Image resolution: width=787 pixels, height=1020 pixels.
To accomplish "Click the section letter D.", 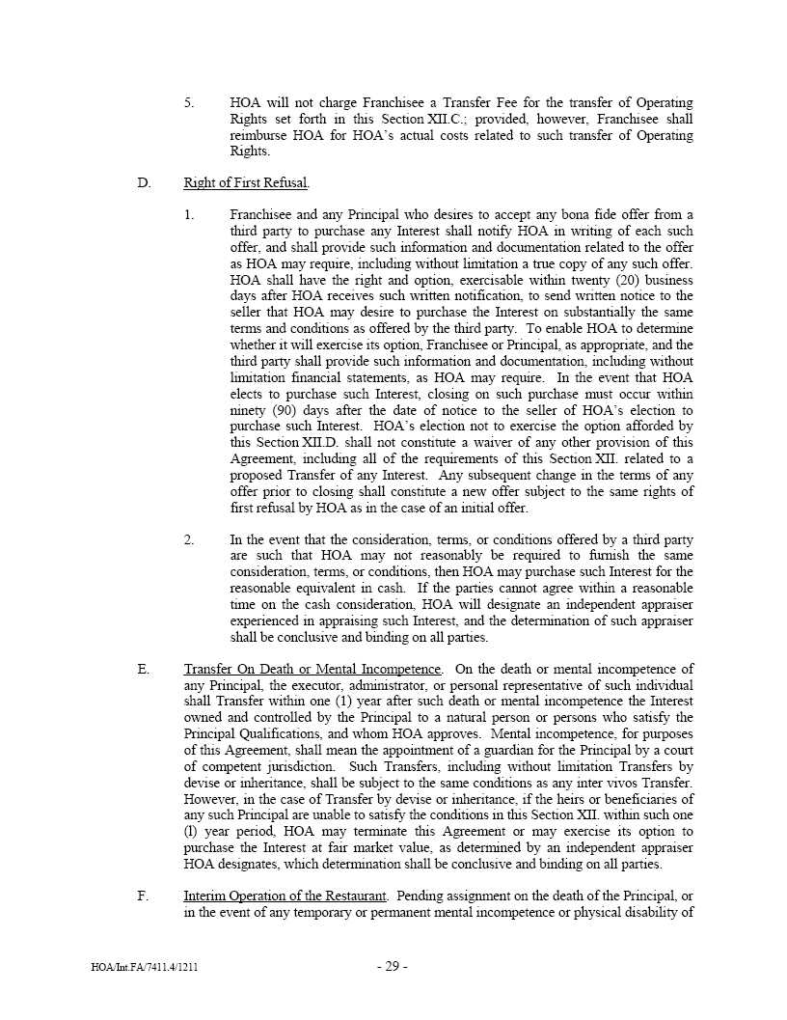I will pyautogui.click(x=143, y=182).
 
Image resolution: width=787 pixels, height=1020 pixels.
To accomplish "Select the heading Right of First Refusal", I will pyautogui.click(x=246, y=182).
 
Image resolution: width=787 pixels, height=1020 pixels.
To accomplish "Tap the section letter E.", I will pyautogui.click(x=143, y=669).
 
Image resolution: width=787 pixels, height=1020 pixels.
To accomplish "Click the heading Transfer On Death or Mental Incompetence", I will pyautogui.click(x=312, y=669).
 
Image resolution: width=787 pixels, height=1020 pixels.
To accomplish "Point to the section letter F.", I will pyautogui.click(x=143, y=896).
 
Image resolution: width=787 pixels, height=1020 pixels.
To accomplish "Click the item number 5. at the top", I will pyautogui.click(x=189, y=102).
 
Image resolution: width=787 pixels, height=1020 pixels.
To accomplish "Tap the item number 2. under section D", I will pyautogui.click(x=189, y=539).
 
